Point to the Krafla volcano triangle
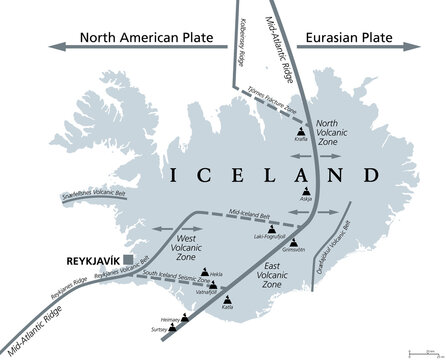click(x=301, y=132)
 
